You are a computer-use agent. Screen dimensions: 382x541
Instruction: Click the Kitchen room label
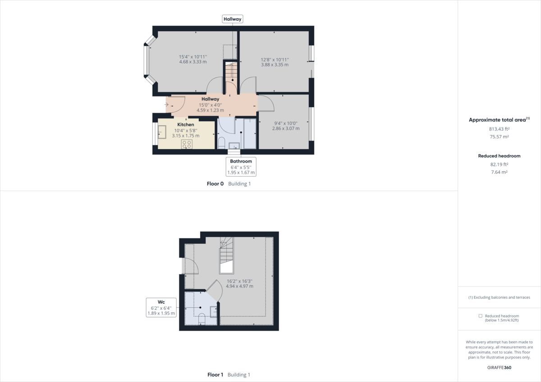pos(185,125)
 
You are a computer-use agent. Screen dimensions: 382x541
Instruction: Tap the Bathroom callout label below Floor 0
pos(241,161)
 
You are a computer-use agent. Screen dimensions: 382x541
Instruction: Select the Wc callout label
pos(161,302)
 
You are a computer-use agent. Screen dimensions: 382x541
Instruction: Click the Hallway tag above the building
pos(233,19)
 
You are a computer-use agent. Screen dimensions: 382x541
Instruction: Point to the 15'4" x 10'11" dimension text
pos(193,57)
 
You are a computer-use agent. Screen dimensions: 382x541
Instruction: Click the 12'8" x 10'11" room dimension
pos(275,59)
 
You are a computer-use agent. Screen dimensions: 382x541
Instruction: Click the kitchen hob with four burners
pos(187,144)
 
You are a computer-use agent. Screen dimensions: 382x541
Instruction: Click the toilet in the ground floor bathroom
pos(221,144)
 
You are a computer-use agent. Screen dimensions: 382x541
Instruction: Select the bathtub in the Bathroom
pos(250,133)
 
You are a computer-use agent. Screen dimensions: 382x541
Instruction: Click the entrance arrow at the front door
pos(168,105)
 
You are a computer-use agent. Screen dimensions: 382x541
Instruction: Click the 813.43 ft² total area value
pos(499,129)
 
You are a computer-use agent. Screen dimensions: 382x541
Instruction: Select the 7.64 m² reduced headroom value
pos(499,172)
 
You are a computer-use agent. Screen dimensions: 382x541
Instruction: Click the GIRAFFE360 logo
pos(499,367)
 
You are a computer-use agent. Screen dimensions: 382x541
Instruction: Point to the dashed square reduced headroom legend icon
pos(481,316)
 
